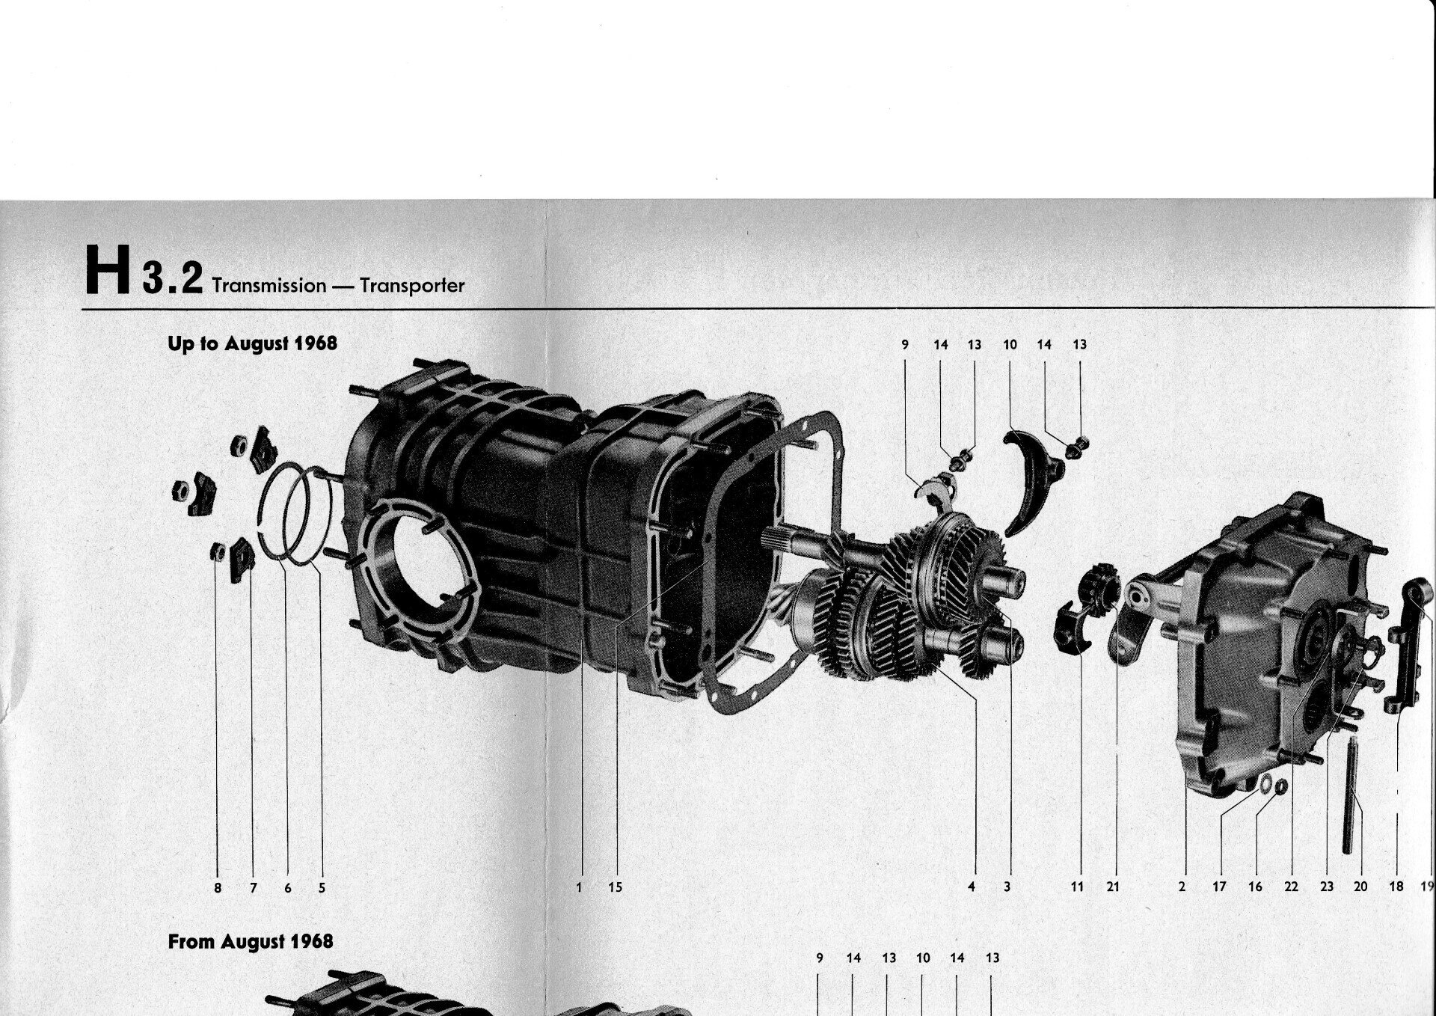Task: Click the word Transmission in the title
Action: [269, 286]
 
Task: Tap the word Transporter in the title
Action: [412, 286]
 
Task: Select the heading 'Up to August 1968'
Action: [253, 343]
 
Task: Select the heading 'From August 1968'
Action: [251, 941]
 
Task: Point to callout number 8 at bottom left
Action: [218, 888]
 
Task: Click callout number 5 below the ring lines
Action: [322, 888]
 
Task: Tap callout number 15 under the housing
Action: [615, 887]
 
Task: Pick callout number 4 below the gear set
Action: [972, 887]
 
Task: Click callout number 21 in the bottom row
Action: [1113, 887]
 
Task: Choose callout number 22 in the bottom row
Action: [1291, 887]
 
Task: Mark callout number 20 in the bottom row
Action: [1360, 887]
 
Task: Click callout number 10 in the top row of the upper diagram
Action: [1010, 345]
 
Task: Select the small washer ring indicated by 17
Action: [1264, 783]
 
